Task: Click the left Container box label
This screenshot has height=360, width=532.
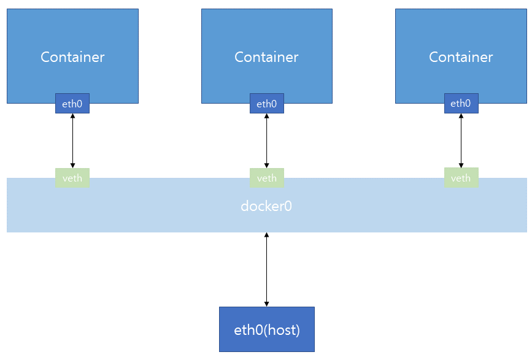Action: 72,57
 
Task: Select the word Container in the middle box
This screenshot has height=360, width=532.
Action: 266,57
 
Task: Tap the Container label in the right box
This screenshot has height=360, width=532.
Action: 461,57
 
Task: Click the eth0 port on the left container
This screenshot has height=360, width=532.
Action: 72,104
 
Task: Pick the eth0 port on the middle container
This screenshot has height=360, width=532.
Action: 266,104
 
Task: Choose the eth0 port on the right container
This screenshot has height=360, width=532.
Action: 461,104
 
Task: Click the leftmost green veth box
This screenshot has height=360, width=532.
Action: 72,178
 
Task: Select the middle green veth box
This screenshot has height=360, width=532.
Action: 266,178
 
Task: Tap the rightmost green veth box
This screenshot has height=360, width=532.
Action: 461,178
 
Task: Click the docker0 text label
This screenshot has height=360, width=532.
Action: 266,206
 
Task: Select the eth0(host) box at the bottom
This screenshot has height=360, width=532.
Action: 266,329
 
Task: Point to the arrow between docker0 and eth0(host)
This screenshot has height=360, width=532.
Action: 266,270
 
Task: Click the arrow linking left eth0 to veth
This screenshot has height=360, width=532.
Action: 72,140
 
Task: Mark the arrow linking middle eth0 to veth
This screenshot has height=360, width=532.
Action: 266,140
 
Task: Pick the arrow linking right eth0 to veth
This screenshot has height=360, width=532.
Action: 461,140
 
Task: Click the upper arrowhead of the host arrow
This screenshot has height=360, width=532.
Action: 266,236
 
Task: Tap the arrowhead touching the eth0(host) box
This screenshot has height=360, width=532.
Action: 266,303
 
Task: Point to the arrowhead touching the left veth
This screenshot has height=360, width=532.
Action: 72,164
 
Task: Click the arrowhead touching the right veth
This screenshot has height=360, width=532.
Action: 461,164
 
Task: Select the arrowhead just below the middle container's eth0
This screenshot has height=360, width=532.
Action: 266,117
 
